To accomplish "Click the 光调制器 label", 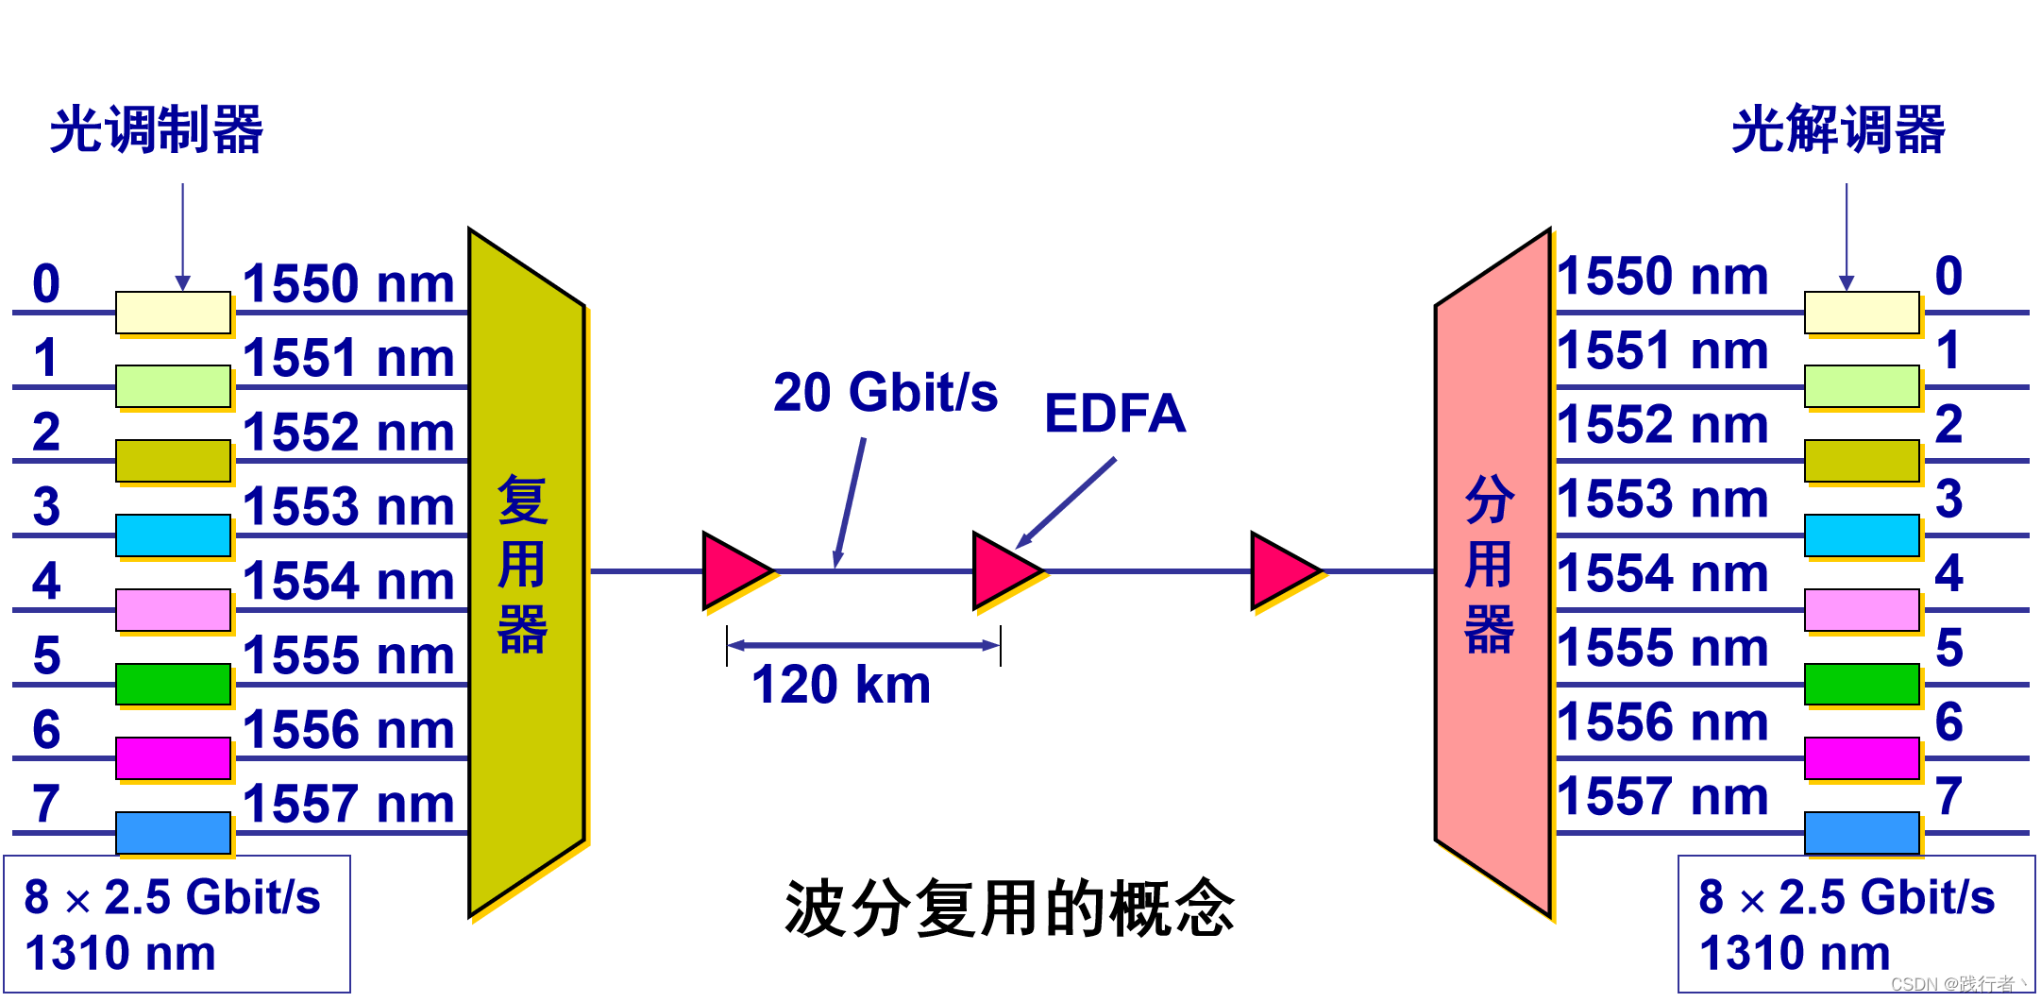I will (x=157, y=129).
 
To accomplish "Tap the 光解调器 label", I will (x=1837, y=129).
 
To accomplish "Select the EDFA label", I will (x=1114, y=414).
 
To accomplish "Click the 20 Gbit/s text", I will (x=885, y=393).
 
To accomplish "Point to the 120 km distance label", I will (x=840, y=685).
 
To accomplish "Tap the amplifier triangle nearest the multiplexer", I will (x=735, y=571).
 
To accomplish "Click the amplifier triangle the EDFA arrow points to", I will (x=1005, y=571).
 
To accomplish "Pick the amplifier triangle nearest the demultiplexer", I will (x=1284, y=571).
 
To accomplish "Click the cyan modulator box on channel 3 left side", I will (x=173, y=535).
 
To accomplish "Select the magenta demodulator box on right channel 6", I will (x=1862, y=758).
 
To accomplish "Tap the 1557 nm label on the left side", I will (x=348, y=804).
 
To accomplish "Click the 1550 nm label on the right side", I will (x=1661, y=277).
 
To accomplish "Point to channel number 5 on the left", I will (x=46, y=654).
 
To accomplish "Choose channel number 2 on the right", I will (x=1948, y=424).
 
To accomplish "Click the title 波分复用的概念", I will (x=1009, y=908).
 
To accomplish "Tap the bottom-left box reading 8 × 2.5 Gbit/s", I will (x=177, y=924).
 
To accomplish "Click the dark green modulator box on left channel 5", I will (x=173, y=684).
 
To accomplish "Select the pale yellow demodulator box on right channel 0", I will (x=1862, y=313).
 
